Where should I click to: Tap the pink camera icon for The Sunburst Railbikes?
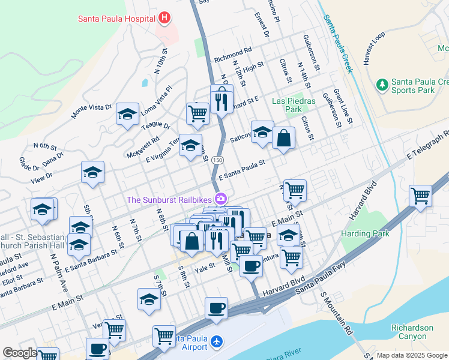(x=221, y=199)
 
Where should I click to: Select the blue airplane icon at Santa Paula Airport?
(x=217, y=341)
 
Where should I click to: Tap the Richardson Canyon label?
(x=412, y=332)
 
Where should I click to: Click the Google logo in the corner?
(x=19, y=353)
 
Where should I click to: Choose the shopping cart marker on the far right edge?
(x=420, y=196)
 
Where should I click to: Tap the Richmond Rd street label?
(x=232, y=56)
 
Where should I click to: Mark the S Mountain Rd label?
(x=337, y=313)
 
